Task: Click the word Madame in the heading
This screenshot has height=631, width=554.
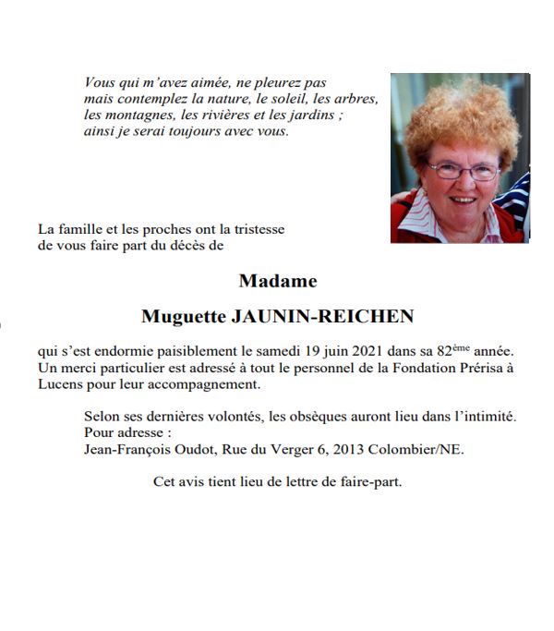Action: [277, 281]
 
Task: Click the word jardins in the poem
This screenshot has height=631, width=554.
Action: [316, 115]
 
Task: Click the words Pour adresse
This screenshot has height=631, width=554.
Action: [126, 432]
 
